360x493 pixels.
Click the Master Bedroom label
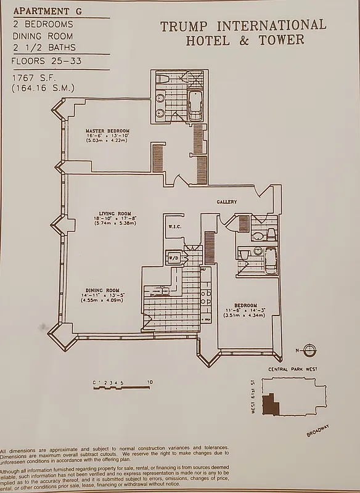click(107, 131)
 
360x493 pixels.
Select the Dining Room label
click(102, 290)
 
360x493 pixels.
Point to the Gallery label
click(227, 202)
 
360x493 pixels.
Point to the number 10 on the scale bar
click(150, 383)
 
